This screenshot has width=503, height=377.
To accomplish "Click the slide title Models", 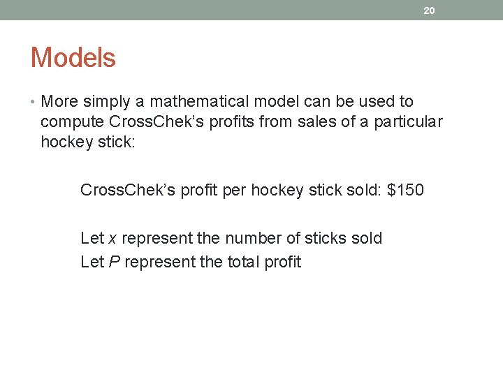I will (73, 57).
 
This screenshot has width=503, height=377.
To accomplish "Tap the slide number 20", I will (429, 10).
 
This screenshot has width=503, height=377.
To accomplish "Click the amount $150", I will (405, 190).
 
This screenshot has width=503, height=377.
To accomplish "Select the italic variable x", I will (112, 239).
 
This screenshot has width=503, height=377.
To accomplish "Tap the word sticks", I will (325, 239).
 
